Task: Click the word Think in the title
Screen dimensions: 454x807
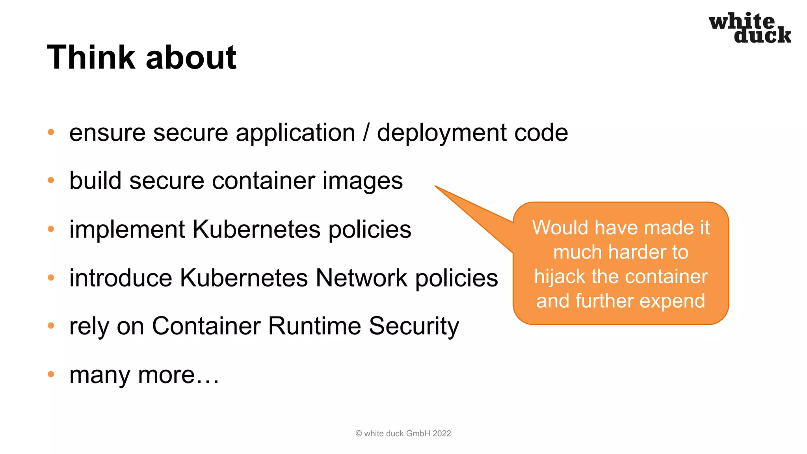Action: coord(91,58)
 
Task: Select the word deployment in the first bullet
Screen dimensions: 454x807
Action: coord(441,133)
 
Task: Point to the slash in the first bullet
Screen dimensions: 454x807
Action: coord(366,133)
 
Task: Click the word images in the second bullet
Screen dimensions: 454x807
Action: coord(363,181)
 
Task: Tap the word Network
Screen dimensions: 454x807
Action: coord(361,278)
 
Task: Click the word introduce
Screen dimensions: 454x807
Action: coord(121,278)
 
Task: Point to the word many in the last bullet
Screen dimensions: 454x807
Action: coord(99,375)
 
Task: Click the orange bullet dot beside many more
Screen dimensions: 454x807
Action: coord(51,374)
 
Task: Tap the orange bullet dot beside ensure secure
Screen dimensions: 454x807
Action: coord(51,132)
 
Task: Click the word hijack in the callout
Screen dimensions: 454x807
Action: coord(560,277)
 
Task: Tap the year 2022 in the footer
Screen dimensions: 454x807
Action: coord(442,434)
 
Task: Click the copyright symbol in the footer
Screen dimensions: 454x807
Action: coord(359,434)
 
